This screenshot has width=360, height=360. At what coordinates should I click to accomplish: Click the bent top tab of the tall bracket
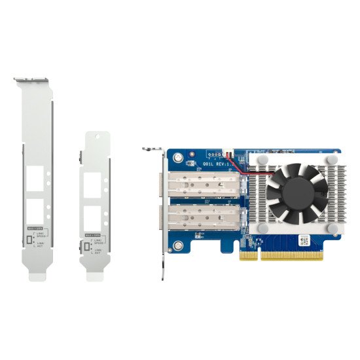[x=33, y=80]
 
